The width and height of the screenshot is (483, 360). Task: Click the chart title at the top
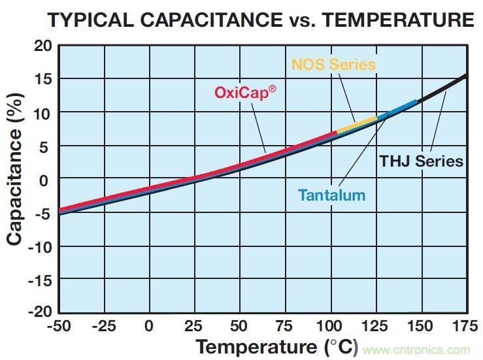(x=261, y=20)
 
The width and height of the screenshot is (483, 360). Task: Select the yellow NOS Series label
(x=333, y=65)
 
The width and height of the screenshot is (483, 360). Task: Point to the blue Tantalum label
(x=331, y=195)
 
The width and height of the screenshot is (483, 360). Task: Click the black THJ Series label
(x=422, y=161)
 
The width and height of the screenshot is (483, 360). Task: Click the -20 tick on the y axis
(x=40, y=312)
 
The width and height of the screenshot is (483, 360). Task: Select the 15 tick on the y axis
(x=42, y=79)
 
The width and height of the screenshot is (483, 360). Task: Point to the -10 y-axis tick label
(x=40, y=246)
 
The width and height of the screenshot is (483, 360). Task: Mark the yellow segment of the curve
(x=356, y=123)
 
